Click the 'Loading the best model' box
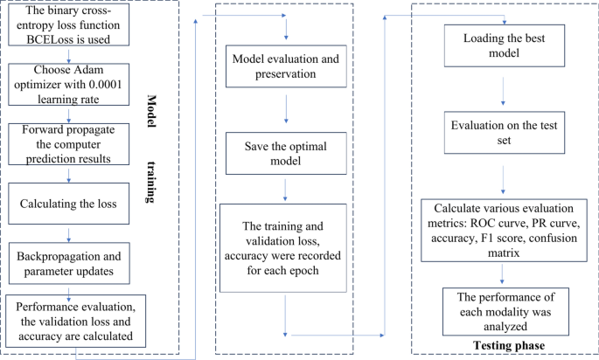pyautogui.click(x=502, y=45)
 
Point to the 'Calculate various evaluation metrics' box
pyautogui.click(x=502, y=230)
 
